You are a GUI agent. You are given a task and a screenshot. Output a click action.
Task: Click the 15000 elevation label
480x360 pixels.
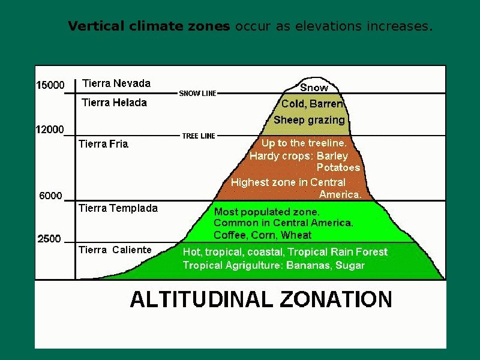click(x=50, y=85)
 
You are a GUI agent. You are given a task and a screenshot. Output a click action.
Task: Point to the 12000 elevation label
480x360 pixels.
click(x=50, y=130)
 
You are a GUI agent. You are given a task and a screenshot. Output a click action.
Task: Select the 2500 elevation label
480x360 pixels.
click(x=49, y=239)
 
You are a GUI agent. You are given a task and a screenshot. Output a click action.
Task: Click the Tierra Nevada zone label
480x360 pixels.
click(x=116, y=83)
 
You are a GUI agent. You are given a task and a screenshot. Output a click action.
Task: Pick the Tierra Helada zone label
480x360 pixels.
click(x=114, y=103)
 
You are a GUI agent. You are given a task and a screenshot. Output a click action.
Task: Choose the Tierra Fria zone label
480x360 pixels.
click(x=103, y=144)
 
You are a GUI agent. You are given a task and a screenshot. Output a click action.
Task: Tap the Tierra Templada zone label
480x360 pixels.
click(x=118, y=208)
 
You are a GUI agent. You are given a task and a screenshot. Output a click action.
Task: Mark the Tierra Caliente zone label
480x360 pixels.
click(x=115, y=250)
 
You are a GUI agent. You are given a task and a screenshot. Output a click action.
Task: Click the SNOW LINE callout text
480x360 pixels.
click(x=198, y=94)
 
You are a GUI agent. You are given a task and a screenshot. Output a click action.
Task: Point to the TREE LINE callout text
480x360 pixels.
click(x=199, y=136)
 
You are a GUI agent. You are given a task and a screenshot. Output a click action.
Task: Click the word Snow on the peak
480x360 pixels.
click(x=314, y=88)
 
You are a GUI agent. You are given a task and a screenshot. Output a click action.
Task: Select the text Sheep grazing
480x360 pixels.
click(x=309, y=120)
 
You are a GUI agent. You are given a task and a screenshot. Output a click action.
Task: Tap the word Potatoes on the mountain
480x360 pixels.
click(x=338, y=167)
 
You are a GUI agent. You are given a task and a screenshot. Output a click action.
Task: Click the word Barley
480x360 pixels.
click(x=332, y=156)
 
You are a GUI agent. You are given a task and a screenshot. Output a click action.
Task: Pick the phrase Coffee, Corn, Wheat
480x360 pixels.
click(x=263, y=235)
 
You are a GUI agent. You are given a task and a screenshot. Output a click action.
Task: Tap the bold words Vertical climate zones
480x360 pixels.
click(x=149, y=26)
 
